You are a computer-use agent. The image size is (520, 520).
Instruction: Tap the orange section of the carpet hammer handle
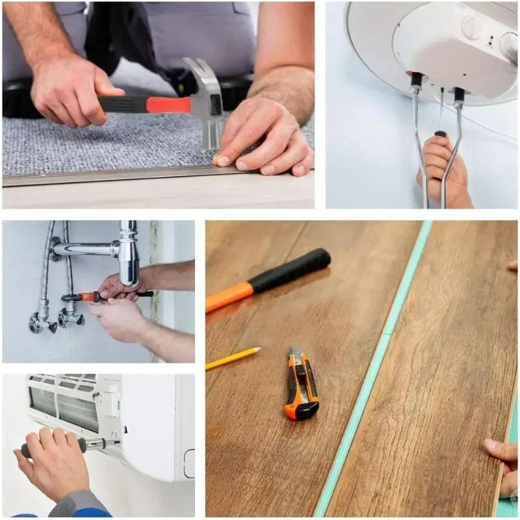166,104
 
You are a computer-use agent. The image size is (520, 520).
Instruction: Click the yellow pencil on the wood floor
233,358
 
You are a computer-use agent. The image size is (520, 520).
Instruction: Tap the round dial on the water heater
473,26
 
